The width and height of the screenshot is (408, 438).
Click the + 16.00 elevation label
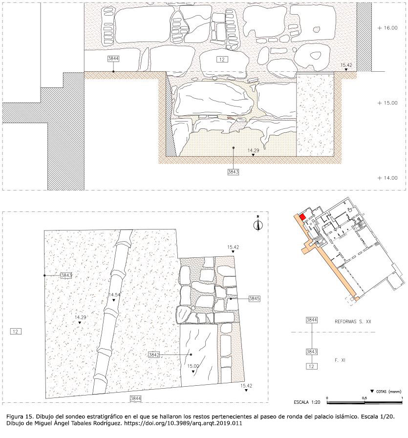coord(387,28)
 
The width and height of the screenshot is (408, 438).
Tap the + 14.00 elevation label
coord(387,178)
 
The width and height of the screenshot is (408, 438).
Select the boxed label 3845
coord(254,299)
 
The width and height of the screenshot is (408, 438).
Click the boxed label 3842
coord(154,355)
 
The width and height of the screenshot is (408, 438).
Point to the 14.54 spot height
coord(114,295)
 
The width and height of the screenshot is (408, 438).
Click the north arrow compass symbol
coord(258,224)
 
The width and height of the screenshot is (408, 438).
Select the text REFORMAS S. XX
coord(353,322)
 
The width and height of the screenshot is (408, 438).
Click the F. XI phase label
coord(340,360)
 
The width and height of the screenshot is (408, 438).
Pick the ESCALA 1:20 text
coord(307,402)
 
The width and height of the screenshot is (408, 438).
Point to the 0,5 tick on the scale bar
coord(364,398)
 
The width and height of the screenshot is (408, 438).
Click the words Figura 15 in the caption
coord(18,416)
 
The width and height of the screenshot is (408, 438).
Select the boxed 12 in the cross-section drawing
coord(222,60)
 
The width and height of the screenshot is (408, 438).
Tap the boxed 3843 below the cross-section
coord(233,172)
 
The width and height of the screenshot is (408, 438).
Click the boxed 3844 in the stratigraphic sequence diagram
coord(312,320)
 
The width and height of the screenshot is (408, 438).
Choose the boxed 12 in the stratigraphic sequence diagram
coord(312,367)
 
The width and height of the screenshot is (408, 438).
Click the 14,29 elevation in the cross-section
coord(253,150)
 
